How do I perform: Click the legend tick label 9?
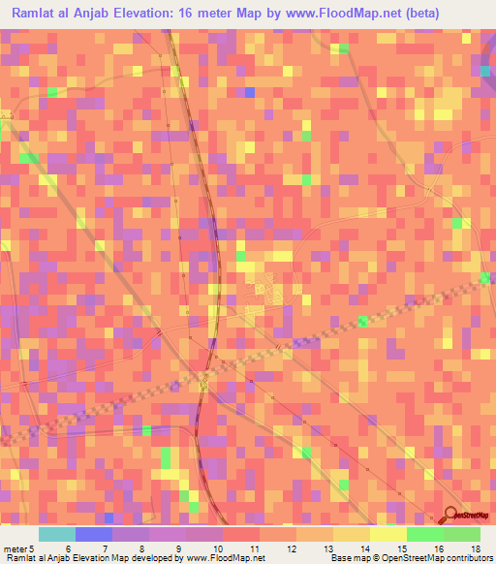(175, 548)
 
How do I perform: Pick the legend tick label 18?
(475, 548)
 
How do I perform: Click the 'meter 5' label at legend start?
(15, 548)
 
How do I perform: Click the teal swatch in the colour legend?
(57, 534)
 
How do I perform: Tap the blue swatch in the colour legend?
(94, 534)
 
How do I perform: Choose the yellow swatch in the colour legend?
(388, 534)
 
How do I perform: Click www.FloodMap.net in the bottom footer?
(224, 558)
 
